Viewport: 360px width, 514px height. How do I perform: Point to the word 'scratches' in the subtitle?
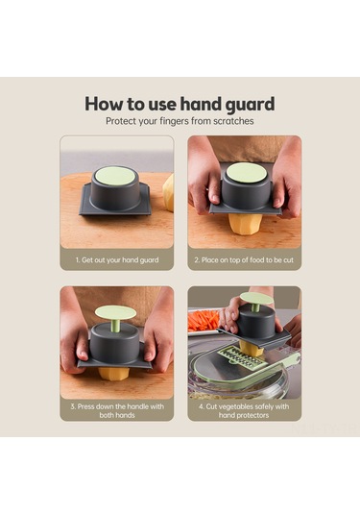(233, 121)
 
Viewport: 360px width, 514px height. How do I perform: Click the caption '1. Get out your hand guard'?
(117, 260)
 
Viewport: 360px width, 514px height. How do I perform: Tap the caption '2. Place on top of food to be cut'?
(244, 260)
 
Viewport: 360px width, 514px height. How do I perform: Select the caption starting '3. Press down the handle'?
(117, 411)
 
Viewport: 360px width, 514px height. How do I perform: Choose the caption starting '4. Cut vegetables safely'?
(244, 411)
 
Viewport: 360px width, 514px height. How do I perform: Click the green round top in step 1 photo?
(114, 176)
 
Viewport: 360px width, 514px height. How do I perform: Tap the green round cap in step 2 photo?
(248, 173)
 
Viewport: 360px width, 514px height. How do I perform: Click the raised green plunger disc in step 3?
(115, 311)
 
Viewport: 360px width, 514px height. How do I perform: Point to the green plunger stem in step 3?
(115, 325)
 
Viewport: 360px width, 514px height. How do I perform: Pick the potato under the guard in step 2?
(245, 224)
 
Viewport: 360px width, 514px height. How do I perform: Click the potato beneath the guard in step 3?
(113, 374)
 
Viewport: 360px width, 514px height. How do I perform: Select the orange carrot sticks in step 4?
(204, 321)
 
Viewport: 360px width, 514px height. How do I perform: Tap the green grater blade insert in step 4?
(242, 357)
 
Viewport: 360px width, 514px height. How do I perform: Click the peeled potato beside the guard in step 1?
(168, 193)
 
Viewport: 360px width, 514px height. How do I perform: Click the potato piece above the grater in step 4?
(251, 348)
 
